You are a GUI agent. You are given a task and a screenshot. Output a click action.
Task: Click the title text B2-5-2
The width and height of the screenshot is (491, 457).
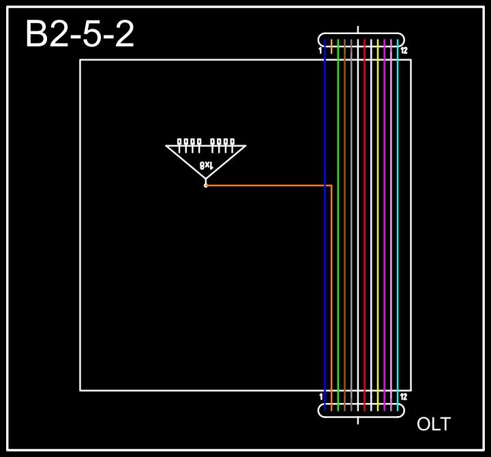click(80, 34)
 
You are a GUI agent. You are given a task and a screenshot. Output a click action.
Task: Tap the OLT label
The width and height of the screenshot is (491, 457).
click(434, 424)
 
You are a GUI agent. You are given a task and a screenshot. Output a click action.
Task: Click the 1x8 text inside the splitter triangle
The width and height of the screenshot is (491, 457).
click(207, 165)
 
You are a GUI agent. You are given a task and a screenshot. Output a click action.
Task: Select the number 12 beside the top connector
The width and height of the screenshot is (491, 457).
click(404, 51)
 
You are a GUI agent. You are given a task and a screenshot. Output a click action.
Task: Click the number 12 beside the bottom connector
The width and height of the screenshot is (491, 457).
click(404, 397)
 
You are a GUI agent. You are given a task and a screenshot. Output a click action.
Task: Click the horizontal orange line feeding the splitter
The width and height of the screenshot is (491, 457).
click(266, 185)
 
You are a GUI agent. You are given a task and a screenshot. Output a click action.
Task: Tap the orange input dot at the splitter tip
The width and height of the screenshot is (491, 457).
click(205, 185)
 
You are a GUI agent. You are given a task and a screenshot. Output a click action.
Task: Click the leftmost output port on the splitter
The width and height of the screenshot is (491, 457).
click(179, 142)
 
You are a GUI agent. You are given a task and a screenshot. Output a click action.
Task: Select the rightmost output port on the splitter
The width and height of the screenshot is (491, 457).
click(233, 142)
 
